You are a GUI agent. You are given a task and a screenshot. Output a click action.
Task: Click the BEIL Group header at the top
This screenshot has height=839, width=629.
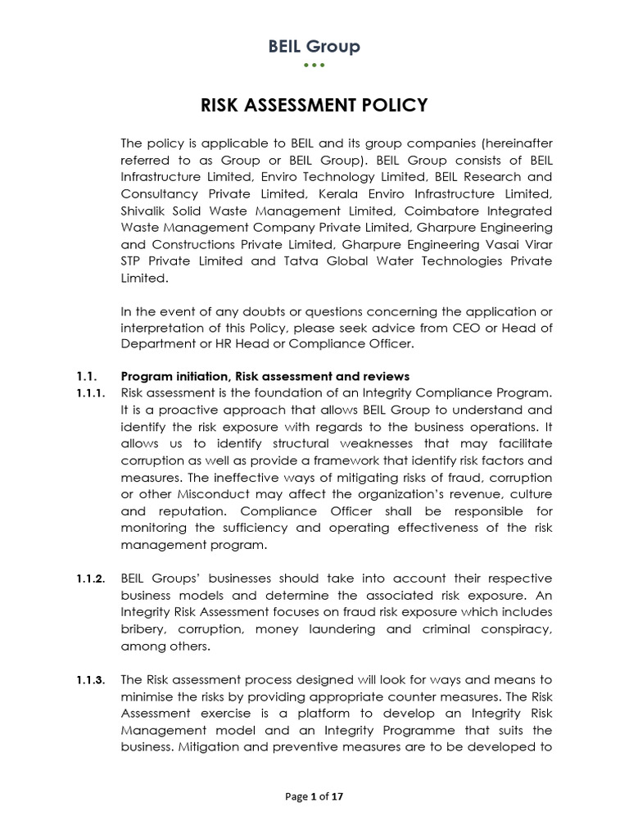click(314, 47)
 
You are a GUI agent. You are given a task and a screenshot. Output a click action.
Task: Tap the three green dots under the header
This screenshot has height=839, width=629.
click(314, 65)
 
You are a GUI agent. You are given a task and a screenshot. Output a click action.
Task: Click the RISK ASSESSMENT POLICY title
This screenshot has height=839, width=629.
click(314, 105)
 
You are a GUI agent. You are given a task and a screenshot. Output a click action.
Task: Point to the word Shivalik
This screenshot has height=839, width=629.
click(145, 210)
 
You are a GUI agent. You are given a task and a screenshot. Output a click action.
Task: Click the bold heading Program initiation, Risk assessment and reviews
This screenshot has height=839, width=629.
click(265, 376)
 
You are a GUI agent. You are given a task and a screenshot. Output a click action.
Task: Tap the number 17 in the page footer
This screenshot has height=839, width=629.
click(337, 796)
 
